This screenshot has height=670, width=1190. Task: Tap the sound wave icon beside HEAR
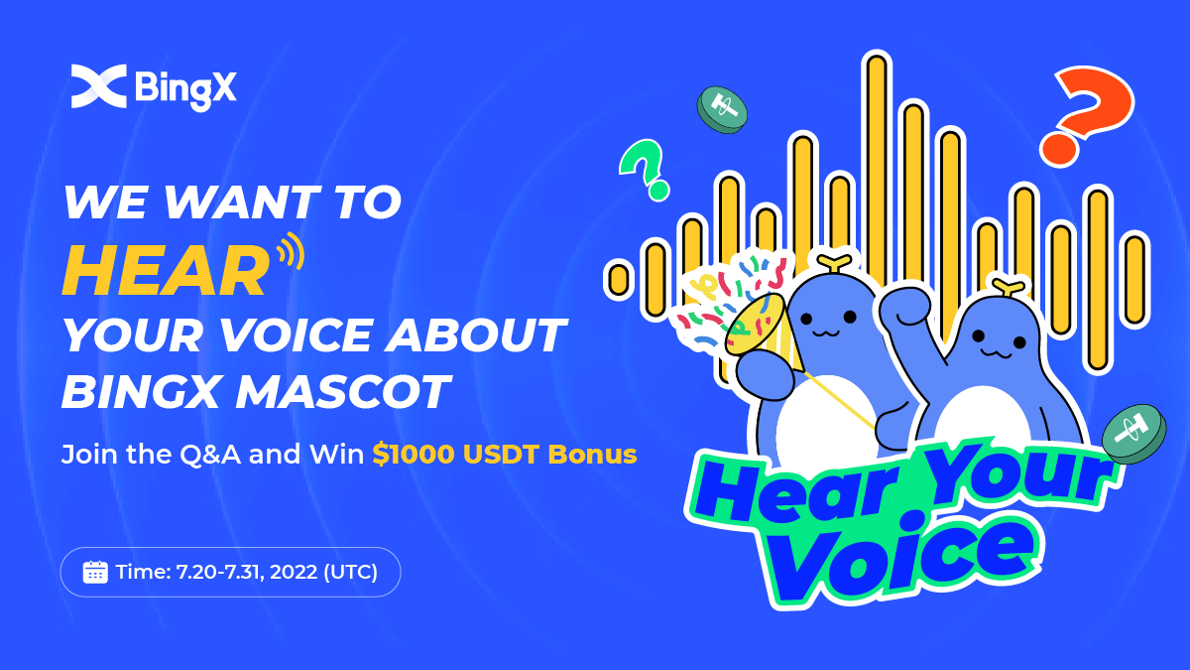click(x=290, y=251)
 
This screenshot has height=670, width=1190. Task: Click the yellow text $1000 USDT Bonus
click(x=504, y=455)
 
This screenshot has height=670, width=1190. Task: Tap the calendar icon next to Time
click(x=95, y=573)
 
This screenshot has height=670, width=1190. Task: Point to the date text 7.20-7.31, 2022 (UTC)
click(x=277, y=573)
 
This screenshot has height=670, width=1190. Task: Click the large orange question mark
click(x=1087, y=112)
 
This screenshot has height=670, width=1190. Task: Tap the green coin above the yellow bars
click(x=722, y=109)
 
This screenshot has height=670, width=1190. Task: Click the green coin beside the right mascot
click(x=1134, y=433)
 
